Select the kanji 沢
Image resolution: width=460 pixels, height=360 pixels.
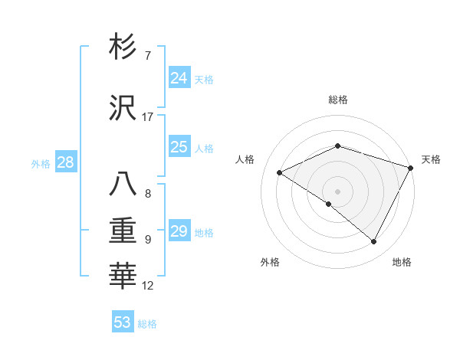pos(123,108)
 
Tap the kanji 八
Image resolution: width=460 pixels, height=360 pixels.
pos(123,185)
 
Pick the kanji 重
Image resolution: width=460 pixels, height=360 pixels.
pos(123,230)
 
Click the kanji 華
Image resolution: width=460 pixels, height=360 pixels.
pos(123,277)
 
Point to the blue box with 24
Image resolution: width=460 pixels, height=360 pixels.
pos(179,78)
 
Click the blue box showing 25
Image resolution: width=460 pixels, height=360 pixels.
pos(179,147)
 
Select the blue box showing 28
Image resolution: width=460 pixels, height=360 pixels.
pos(65,162)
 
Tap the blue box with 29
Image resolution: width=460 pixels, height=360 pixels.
pos(179,231)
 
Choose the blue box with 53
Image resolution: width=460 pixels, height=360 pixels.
pos(123,322)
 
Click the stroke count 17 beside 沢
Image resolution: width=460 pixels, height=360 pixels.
pos(147,117)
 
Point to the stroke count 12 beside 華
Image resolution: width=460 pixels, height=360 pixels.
pos(147,286)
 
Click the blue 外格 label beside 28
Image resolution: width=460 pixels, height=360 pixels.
pos(41,163)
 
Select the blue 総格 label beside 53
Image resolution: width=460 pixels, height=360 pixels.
pos(147,323)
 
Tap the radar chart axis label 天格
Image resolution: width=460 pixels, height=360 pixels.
pos(431,159)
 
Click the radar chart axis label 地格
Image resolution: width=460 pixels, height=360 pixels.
pos(402,262)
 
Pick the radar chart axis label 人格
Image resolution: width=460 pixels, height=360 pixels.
pos(245,159)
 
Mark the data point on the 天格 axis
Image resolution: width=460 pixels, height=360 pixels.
pos(412,168)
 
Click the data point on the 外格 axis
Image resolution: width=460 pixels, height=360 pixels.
pos(329,204)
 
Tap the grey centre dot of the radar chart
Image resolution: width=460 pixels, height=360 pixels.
pos(337,191)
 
